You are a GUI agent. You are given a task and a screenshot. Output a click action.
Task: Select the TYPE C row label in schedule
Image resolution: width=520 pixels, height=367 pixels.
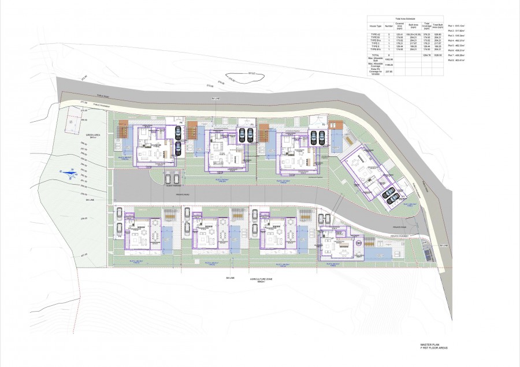pos(376,43)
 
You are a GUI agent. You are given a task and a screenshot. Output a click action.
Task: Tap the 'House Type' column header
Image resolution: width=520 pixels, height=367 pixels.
pos(376,26)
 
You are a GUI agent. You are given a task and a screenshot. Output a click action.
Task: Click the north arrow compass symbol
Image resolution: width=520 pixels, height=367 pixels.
pos(70,173)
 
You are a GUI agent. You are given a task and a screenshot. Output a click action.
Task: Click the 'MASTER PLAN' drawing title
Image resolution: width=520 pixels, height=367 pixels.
pos(430,343)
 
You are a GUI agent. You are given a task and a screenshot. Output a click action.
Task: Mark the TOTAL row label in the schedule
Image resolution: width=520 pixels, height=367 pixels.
pos(376,55)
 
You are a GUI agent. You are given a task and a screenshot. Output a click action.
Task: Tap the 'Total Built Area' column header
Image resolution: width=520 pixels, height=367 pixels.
pos(438,26)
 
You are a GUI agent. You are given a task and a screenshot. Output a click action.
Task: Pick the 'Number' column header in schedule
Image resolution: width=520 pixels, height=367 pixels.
pos(389,26)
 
